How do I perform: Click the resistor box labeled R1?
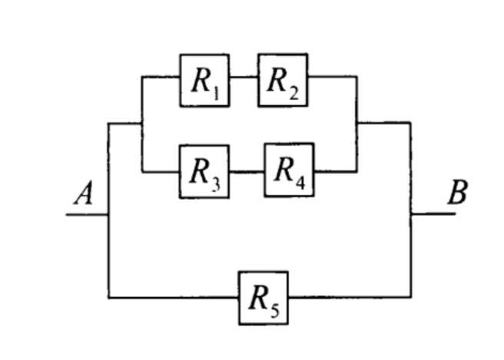coord(204,80)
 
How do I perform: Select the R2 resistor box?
coord(283,80)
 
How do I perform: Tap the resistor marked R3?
coord(204,171)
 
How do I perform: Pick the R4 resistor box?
coord(289,170)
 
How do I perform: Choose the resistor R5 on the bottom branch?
coord(263,298)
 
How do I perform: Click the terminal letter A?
coord(83,193)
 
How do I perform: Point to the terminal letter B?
coord(457,192)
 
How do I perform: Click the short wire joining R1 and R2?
coord(244,77)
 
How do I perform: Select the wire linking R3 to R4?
coord(247,171)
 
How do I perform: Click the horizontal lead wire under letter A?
coord(87,214)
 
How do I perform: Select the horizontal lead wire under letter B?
coord(433,214)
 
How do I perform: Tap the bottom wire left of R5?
coord(173,297)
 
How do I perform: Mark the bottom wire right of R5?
coord(350,297)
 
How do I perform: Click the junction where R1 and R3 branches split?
coord(142,123)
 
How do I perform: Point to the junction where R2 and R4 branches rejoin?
coord(356,122)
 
